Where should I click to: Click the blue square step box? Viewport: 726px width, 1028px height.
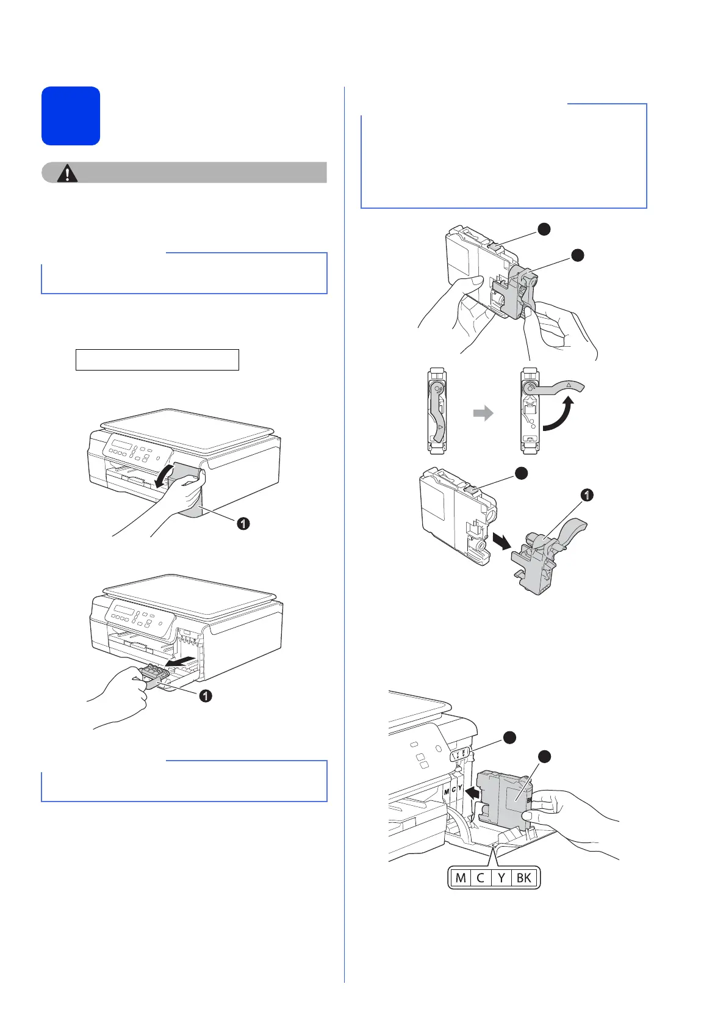coord(71,116)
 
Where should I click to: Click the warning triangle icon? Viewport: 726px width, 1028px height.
coord(67,174)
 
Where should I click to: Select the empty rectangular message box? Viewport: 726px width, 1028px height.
coord(157,360)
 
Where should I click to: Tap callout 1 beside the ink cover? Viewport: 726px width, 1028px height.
coord(243,523)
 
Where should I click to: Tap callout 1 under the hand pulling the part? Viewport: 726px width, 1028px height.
coord(206,695)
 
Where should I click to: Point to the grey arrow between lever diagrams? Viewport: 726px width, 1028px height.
coord(483,414)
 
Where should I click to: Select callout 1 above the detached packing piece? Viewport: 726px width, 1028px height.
coord(586,495)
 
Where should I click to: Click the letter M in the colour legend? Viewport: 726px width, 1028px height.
coord(461,878)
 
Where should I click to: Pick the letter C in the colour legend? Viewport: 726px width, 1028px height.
coord(480,878)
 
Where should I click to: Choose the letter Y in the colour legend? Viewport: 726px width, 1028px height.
coord(501,878)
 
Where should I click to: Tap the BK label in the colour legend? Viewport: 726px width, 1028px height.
coord(524,878)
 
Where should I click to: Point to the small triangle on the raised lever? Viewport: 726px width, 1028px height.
coord(568,385)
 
